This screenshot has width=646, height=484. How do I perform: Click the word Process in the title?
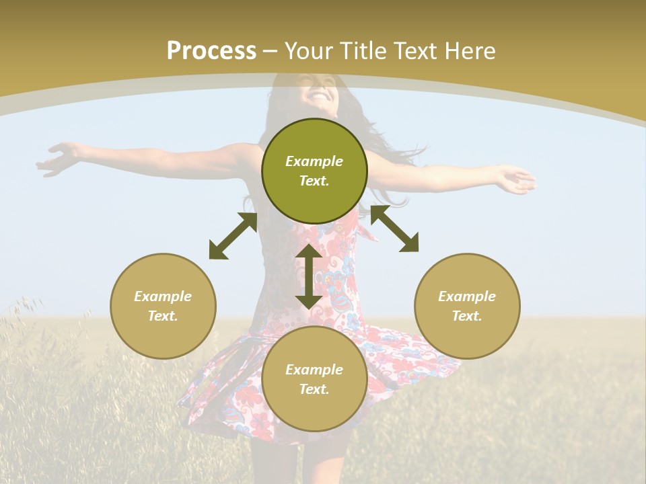click(211, 50)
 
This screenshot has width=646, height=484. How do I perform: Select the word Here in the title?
click(470, 50)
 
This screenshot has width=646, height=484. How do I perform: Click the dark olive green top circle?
click(314, 171)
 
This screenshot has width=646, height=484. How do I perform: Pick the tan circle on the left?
click(163, 306)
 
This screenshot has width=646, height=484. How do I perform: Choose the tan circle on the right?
click(467, 306)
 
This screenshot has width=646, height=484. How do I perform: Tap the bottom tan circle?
click(314, 379)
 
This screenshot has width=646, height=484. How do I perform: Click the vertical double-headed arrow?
click(309, 276)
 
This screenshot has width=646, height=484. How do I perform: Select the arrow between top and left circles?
click(233, 236)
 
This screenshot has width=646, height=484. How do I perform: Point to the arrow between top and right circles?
click(394, 229)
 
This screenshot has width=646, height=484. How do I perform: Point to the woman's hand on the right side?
click(514, 179)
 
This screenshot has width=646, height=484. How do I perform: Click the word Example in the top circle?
click(314, 161)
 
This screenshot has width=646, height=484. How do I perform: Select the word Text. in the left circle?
click(163, 316)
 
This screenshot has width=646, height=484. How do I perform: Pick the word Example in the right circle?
click(467, 296)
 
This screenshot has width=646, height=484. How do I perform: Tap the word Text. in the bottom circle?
click(314, 389)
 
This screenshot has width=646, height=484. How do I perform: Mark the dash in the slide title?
click(271, 51)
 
